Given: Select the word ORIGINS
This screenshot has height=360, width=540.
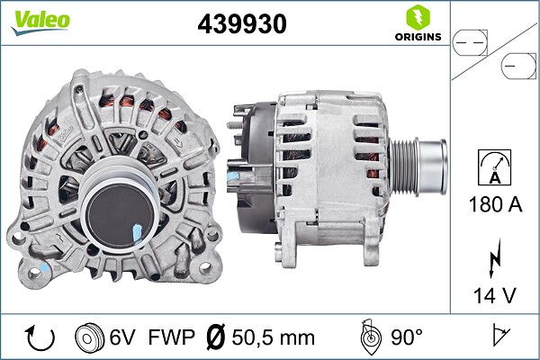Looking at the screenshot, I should click(416, 37).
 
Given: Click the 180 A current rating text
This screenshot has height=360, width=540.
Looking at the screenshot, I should click(496, 204).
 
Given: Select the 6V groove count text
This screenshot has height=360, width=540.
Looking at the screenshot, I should click(122, 337).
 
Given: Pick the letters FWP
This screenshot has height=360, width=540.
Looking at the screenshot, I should click(169, 337).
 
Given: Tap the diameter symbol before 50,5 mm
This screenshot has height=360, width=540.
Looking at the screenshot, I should click(217, 337).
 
